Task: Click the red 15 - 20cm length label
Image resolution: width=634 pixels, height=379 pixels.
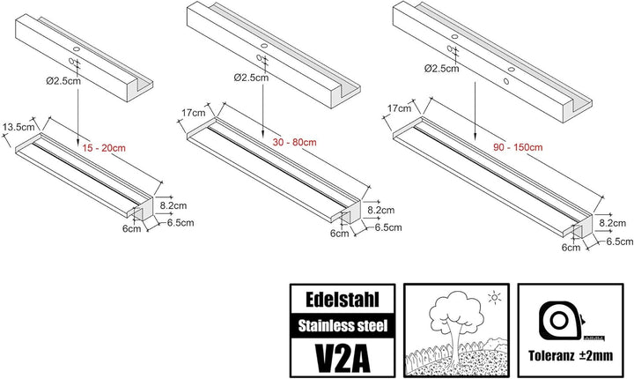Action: (104, 148)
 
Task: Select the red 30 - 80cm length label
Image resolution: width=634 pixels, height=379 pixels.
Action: (294, 143)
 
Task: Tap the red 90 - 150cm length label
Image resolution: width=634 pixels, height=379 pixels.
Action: (518, 147)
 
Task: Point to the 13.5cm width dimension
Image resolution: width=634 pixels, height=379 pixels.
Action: (18, 127)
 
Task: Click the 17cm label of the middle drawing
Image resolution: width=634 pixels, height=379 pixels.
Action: (193, 113)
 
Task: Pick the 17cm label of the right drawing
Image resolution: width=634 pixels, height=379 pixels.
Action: (399, 108)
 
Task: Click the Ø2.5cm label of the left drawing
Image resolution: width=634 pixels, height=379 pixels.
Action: (63, 81)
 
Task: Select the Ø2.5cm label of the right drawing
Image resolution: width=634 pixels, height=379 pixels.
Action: (441, 69)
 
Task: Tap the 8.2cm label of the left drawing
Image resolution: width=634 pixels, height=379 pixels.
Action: (173, 205)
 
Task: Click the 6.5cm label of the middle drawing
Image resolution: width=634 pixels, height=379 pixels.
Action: (388, 227)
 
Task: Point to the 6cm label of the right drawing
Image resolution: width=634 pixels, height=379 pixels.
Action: (571, 247)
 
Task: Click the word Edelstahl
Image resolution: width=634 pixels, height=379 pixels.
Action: (343, 300)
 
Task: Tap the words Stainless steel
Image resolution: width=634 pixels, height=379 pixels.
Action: (343, 325)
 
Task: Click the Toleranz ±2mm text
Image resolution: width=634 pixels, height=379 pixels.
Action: (571, 355)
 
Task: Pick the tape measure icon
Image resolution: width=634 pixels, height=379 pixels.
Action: (562, 321)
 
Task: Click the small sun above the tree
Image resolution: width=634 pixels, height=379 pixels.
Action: (494, 298)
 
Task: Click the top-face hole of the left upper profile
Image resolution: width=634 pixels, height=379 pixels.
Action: (76, 48)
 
